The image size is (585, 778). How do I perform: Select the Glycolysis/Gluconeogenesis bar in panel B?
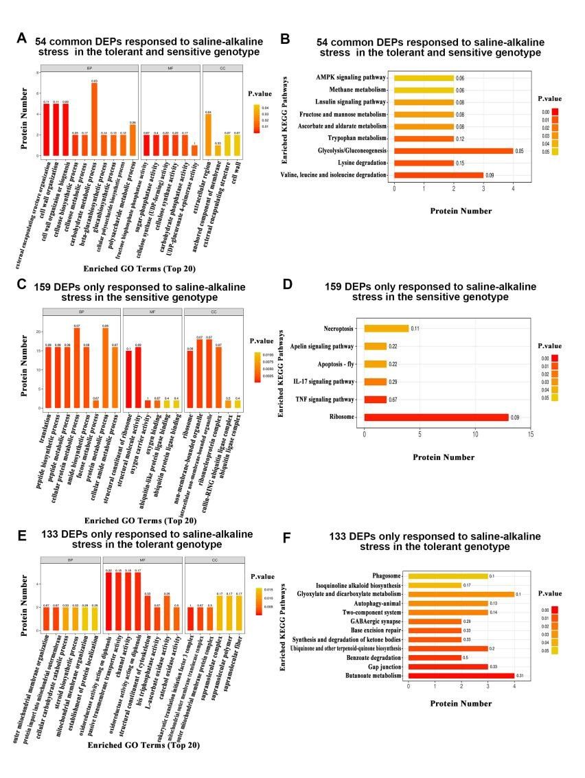(x=453, y=150)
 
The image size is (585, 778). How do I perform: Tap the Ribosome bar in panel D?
(x=436, y=417)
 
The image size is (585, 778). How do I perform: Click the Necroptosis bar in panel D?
(x=387, y=328)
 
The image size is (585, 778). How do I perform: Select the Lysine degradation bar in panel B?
(x=424, y=163)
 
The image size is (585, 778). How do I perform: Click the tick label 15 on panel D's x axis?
(x=530, y=434)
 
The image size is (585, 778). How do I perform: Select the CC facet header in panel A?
(x=222, y=68)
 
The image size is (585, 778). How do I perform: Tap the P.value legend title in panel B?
(x=551, y=99)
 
